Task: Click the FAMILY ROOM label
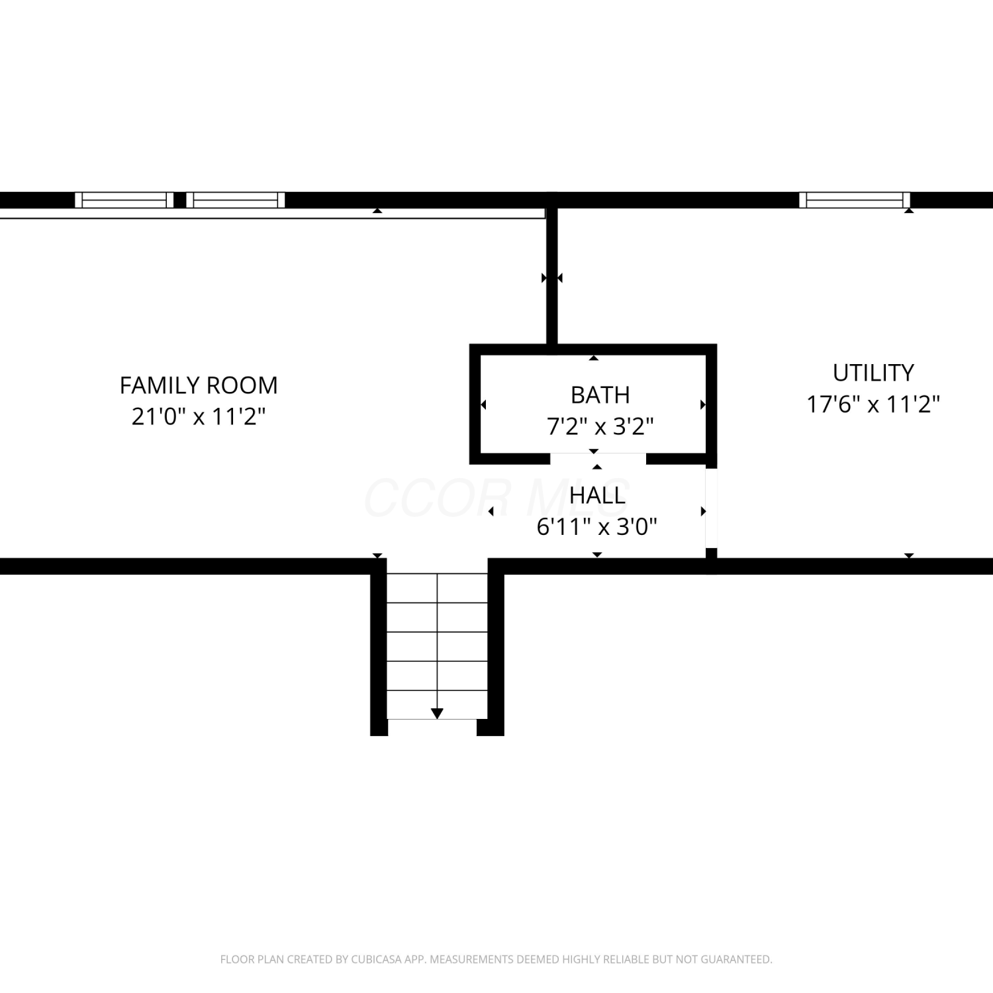tap(199, 385)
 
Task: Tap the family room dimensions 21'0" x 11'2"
tap(199, 416)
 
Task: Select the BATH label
tap(600, 395)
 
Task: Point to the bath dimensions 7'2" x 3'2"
tap(600, 426)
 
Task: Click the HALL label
tap(597, 496)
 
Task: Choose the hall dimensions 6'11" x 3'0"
tap(597, 527)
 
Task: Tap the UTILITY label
tap(873, 373)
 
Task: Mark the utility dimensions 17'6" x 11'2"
tap(873, 404)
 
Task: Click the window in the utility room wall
tap(855, 200)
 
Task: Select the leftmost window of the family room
tap(124, 200)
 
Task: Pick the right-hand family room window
tap(236, 200)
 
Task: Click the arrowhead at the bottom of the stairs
tap(437, 713)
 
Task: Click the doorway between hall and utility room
tap(711, 508)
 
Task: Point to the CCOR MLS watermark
tap(496, 498)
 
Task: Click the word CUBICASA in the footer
tap(379, 959)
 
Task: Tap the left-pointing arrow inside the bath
tap(483, 404)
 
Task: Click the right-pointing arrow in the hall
tap(703, 511)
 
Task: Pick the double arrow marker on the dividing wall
tap(551, 278)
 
